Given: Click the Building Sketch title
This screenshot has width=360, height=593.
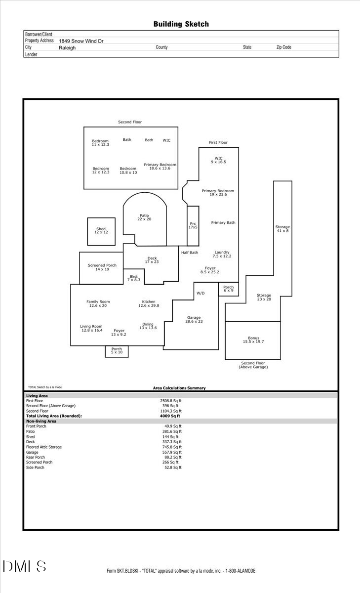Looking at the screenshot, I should point(181,24).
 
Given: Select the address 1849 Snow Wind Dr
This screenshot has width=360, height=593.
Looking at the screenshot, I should point(81,41).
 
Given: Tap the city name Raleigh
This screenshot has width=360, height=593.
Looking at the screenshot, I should point(67,48).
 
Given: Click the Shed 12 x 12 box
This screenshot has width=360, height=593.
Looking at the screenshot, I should point(101,231).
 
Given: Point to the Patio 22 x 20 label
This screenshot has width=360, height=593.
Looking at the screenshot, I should point(144,217).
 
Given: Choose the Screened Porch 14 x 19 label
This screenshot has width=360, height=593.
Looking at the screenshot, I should point(102,267).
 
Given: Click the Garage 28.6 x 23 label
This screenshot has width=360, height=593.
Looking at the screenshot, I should point(194,320).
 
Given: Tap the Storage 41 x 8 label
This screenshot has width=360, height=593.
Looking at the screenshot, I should point(282,229).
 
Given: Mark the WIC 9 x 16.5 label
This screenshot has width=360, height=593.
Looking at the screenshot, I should point(219,160).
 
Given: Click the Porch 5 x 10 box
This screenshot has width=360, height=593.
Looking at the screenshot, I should point(117,351).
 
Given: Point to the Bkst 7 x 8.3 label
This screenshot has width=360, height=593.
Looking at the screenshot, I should point(133,278).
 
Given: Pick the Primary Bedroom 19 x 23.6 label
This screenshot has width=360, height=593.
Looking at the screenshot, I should point(218,193).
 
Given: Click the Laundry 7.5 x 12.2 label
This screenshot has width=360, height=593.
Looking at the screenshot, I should point(222,254).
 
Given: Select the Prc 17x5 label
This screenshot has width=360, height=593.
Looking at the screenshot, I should point(193,225).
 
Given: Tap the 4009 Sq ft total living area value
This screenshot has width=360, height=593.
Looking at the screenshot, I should point(166,416).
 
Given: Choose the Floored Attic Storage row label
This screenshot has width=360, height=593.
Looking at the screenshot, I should point(44,447).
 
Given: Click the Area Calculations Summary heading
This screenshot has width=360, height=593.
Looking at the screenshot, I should point(179,388).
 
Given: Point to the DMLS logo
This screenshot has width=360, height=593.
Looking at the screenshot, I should point(24,566).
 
